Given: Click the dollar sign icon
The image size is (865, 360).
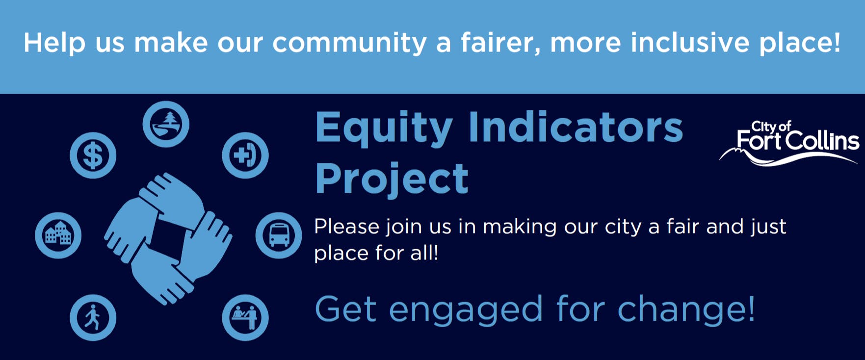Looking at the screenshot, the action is tap(93, 155).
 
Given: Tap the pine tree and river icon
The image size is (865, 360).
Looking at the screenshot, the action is tap(166, 124).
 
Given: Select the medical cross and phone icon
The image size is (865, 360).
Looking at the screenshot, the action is tap(245, 155).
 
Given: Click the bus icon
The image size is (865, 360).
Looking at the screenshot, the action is tap(279, 235).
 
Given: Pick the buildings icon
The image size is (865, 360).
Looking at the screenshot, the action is tap(58, 235).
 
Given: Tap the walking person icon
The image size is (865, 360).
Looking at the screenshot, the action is tap(93, 317).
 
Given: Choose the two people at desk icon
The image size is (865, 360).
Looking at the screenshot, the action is tap(245, 317).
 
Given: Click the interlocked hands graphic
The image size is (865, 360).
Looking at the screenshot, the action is tap(168, 238).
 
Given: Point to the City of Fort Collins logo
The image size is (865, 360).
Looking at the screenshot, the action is tap(789, 143).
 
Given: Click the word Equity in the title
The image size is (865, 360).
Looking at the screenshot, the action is tap(384, 129).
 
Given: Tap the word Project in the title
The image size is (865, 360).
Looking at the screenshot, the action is tap(392, 180).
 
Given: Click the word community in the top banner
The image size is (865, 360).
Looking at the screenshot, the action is tap(349, 43).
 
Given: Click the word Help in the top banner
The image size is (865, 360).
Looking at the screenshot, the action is tap(54, 43).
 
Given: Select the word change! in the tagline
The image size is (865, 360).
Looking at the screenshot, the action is tap(686, 309).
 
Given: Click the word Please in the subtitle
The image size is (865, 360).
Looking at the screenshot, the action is tap(346, 227).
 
